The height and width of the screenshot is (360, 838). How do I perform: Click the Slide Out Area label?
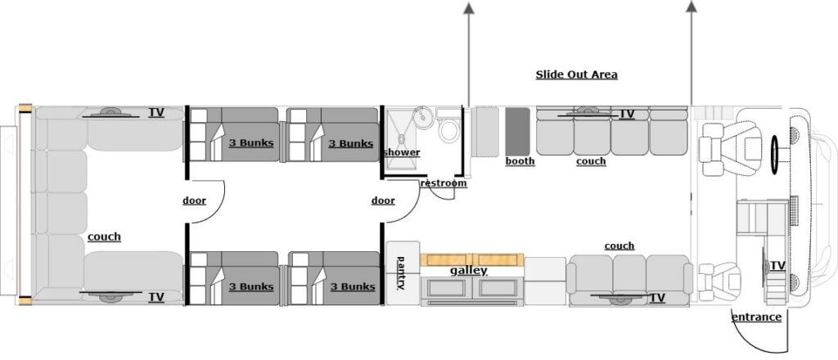pyautogui.click(x=576, y=74)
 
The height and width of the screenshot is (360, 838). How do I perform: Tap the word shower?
pyautogui.click(x=402, y=152)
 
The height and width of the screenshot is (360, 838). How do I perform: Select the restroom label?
pyautogui.click(x=444, y=183)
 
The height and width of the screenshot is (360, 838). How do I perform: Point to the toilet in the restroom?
pyautogui.click(x=448, y=129)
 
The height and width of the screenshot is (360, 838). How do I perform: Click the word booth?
pyautogui.click(x=520, y=161)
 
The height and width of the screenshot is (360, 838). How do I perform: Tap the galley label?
pyautogui.click(x=468, y=270)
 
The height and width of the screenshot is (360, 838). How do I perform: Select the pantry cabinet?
pyautogui.click(x=402, y=273)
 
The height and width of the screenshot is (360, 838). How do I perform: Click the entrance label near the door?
pyautogui.click(x=755, y=317)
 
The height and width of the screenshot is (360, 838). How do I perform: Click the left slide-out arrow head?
pyautogui.click(x=469, y=7)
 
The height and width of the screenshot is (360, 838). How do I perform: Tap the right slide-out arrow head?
pyautogui.click(x=691, y=7)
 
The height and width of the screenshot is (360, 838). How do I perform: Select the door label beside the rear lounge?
pyautogui.click(x=194, y=200)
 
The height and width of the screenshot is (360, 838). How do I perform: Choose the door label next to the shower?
pyautogui.click(x=382, y=200)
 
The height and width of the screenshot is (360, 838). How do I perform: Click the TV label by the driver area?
pyautogui.click(x=777, y=266)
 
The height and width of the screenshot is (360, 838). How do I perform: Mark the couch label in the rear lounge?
pyautogui.click(x=104, y=236)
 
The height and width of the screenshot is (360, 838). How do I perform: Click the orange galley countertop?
pyautogui.click(x=472, y=259)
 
